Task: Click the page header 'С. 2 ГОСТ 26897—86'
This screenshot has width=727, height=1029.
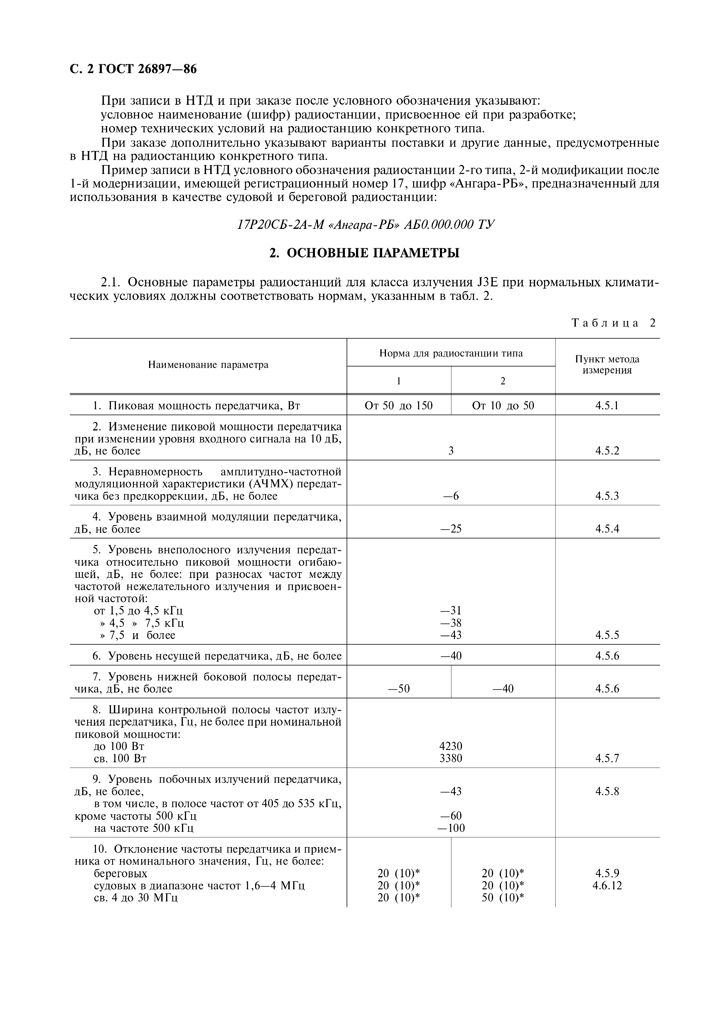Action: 133,69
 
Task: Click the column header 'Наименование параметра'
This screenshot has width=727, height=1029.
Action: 208,365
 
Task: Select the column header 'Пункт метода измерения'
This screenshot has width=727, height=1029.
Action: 607,365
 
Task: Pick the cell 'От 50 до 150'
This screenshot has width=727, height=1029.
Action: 399,405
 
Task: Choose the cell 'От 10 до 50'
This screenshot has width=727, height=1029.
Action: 503,405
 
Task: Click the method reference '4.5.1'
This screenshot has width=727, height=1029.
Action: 607,405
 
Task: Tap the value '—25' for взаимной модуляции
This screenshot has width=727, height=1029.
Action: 451,529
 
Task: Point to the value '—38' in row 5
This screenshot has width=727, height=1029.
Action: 451,623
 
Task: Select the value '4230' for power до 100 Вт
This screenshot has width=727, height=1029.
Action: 451,746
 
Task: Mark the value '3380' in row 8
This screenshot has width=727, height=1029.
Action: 451,758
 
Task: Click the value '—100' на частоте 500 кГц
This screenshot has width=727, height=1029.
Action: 451,828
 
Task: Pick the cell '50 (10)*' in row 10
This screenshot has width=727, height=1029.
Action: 503,898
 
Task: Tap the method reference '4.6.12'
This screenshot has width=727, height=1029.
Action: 607,886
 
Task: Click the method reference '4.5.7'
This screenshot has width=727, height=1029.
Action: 607,758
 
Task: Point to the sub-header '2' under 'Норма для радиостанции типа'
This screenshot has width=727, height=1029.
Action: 503,381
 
